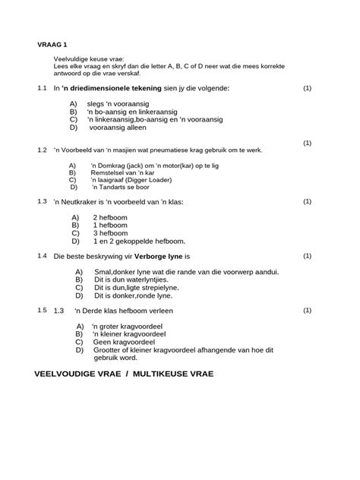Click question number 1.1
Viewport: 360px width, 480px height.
coord(42,88)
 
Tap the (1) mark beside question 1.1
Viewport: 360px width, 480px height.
coord(307,88)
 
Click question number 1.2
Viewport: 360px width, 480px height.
coord(42,150)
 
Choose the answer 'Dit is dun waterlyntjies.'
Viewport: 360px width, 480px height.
coord(138,279)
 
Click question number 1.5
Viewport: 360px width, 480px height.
coord(42,311)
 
